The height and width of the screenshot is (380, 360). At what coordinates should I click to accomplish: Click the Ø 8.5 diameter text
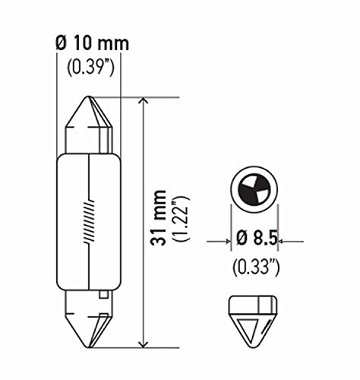point(255,242)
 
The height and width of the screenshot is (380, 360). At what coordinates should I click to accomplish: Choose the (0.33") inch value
point(255,267)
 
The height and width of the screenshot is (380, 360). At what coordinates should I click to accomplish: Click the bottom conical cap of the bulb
point(90,319)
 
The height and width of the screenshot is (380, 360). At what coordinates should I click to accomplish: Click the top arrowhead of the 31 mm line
point(144,103)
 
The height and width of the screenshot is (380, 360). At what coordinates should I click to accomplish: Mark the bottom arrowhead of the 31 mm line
point(144,340)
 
